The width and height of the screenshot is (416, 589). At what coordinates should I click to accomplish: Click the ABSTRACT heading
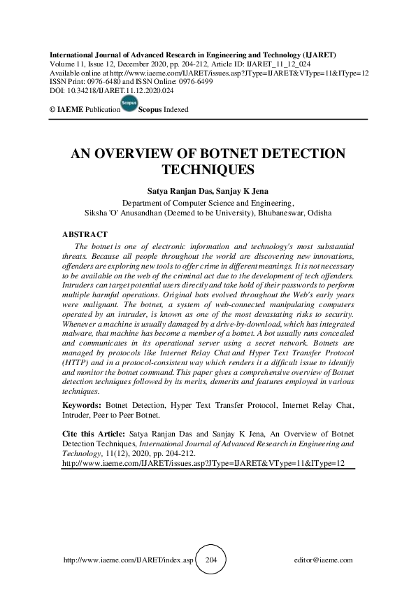pos(85,234)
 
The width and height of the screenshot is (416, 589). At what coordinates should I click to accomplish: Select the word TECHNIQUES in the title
pos(207,169)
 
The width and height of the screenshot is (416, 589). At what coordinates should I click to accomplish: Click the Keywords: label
pos(82,404)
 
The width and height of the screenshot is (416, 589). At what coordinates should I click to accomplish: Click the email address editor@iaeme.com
pos(324,560)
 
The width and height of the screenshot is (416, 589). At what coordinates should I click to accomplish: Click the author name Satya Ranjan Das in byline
pos(179,190)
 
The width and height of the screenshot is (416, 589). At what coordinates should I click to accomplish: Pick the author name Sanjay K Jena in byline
pos(242,190)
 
